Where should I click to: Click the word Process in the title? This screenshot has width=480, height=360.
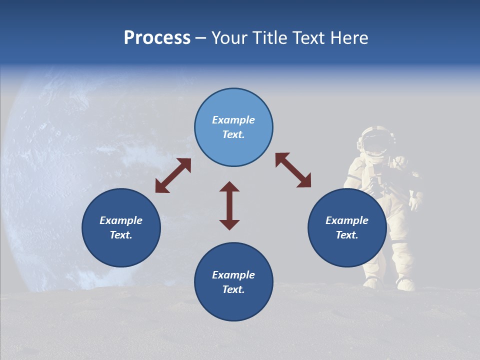tap(157, 38)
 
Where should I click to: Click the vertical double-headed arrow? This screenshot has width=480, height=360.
tap(229, 206)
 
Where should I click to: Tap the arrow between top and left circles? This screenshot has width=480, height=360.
tap(173, 175)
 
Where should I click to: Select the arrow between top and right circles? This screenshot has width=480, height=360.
tap(293, 170)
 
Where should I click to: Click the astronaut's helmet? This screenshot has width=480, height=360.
tap(375, 140)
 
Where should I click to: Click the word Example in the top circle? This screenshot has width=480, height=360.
tap(233, 120)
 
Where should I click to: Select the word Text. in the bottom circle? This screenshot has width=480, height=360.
tap(233, 289)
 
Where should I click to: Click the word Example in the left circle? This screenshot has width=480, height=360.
tap(121, 220)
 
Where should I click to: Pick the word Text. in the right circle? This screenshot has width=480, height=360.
tap(347, 235)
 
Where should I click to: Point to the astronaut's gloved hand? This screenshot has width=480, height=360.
tap(414, 203)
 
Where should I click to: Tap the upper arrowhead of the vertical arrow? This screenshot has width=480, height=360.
tap(229, 187)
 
